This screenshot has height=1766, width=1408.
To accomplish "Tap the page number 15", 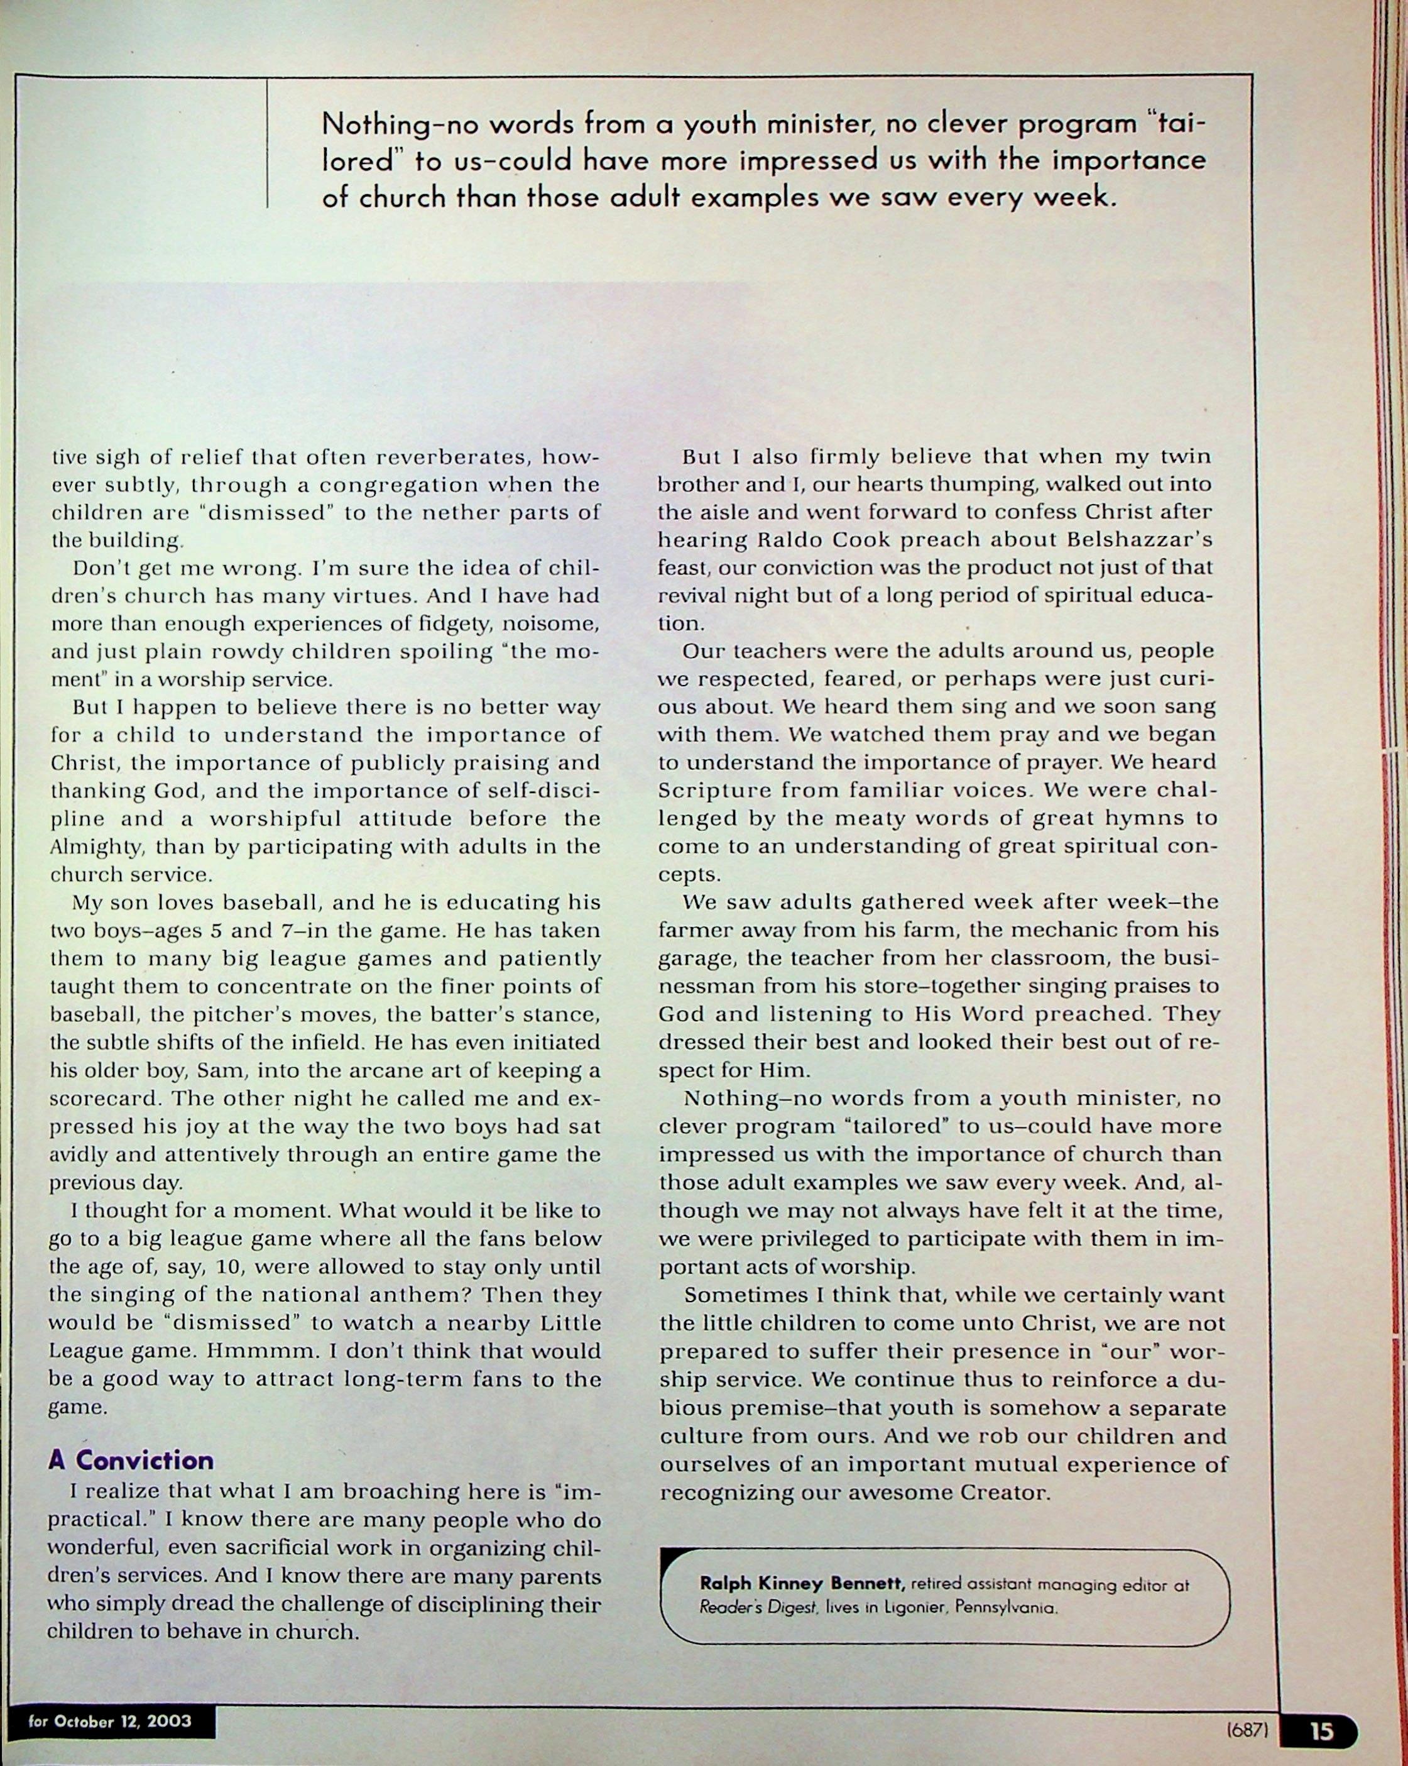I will [x=1321, y=1731].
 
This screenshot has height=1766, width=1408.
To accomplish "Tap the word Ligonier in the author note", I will [x=905, y=1607].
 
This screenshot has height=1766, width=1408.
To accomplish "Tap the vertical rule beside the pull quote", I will [x=268, y=143].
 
